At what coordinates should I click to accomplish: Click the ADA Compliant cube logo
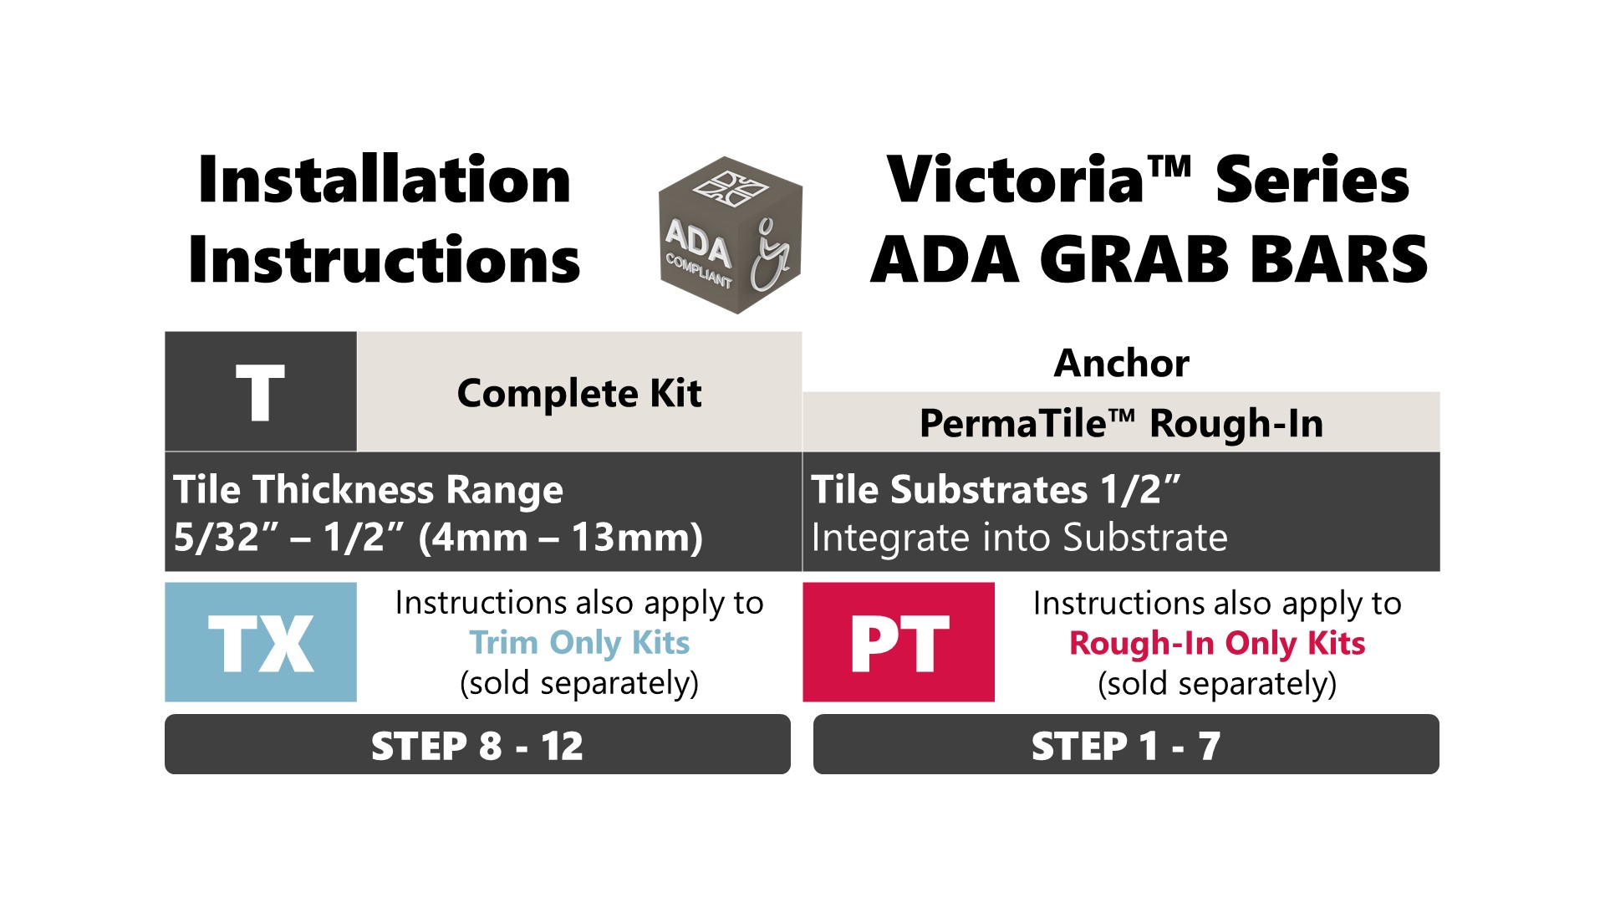[x=731, y=235]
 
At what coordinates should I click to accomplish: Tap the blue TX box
[x=261, y=642]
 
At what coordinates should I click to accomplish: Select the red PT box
[x=899, y=642]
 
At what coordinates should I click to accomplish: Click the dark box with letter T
[x=261, y=392]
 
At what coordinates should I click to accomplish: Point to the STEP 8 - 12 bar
[x=477, y=744]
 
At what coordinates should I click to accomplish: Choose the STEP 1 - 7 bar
[x=1126, y=744]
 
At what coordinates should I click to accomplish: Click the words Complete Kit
[x=579, y=393]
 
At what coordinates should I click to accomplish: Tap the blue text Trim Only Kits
[x=579, y=643]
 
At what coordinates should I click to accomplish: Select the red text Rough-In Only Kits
[x=1217, y=644]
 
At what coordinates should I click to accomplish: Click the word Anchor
[x=1121, y=363]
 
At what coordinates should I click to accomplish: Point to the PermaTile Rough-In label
[x=1121, y=423]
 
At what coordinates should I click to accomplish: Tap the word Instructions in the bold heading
[x=385, y=259]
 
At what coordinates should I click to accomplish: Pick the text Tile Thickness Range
[x=368, y=490]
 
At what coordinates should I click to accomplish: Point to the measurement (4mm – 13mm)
[x=560, y=538]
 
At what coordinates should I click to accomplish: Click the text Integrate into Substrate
[x=1019, y=538]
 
